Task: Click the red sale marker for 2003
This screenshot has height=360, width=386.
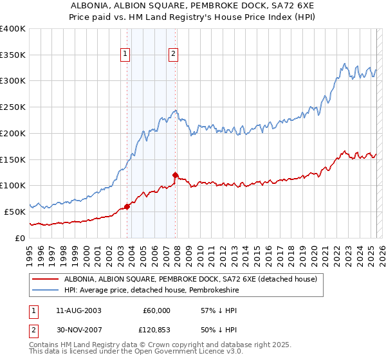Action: pos(127,206)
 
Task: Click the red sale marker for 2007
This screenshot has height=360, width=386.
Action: pos(176,174)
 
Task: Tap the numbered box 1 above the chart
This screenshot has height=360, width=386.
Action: pos(124,55)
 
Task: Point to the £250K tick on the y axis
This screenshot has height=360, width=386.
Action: pos(13,107)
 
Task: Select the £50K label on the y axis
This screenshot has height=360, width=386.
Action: pos(15,212)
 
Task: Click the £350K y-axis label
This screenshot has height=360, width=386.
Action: pos(13,55)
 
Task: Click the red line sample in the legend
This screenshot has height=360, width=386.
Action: pos(46,280)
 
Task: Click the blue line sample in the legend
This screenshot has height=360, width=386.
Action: pos(46,291)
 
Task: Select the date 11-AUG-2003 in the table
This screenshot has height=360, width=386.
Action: pos(78,310)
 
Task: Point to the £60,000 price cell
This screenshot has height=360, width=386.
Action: pos(156,310)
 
